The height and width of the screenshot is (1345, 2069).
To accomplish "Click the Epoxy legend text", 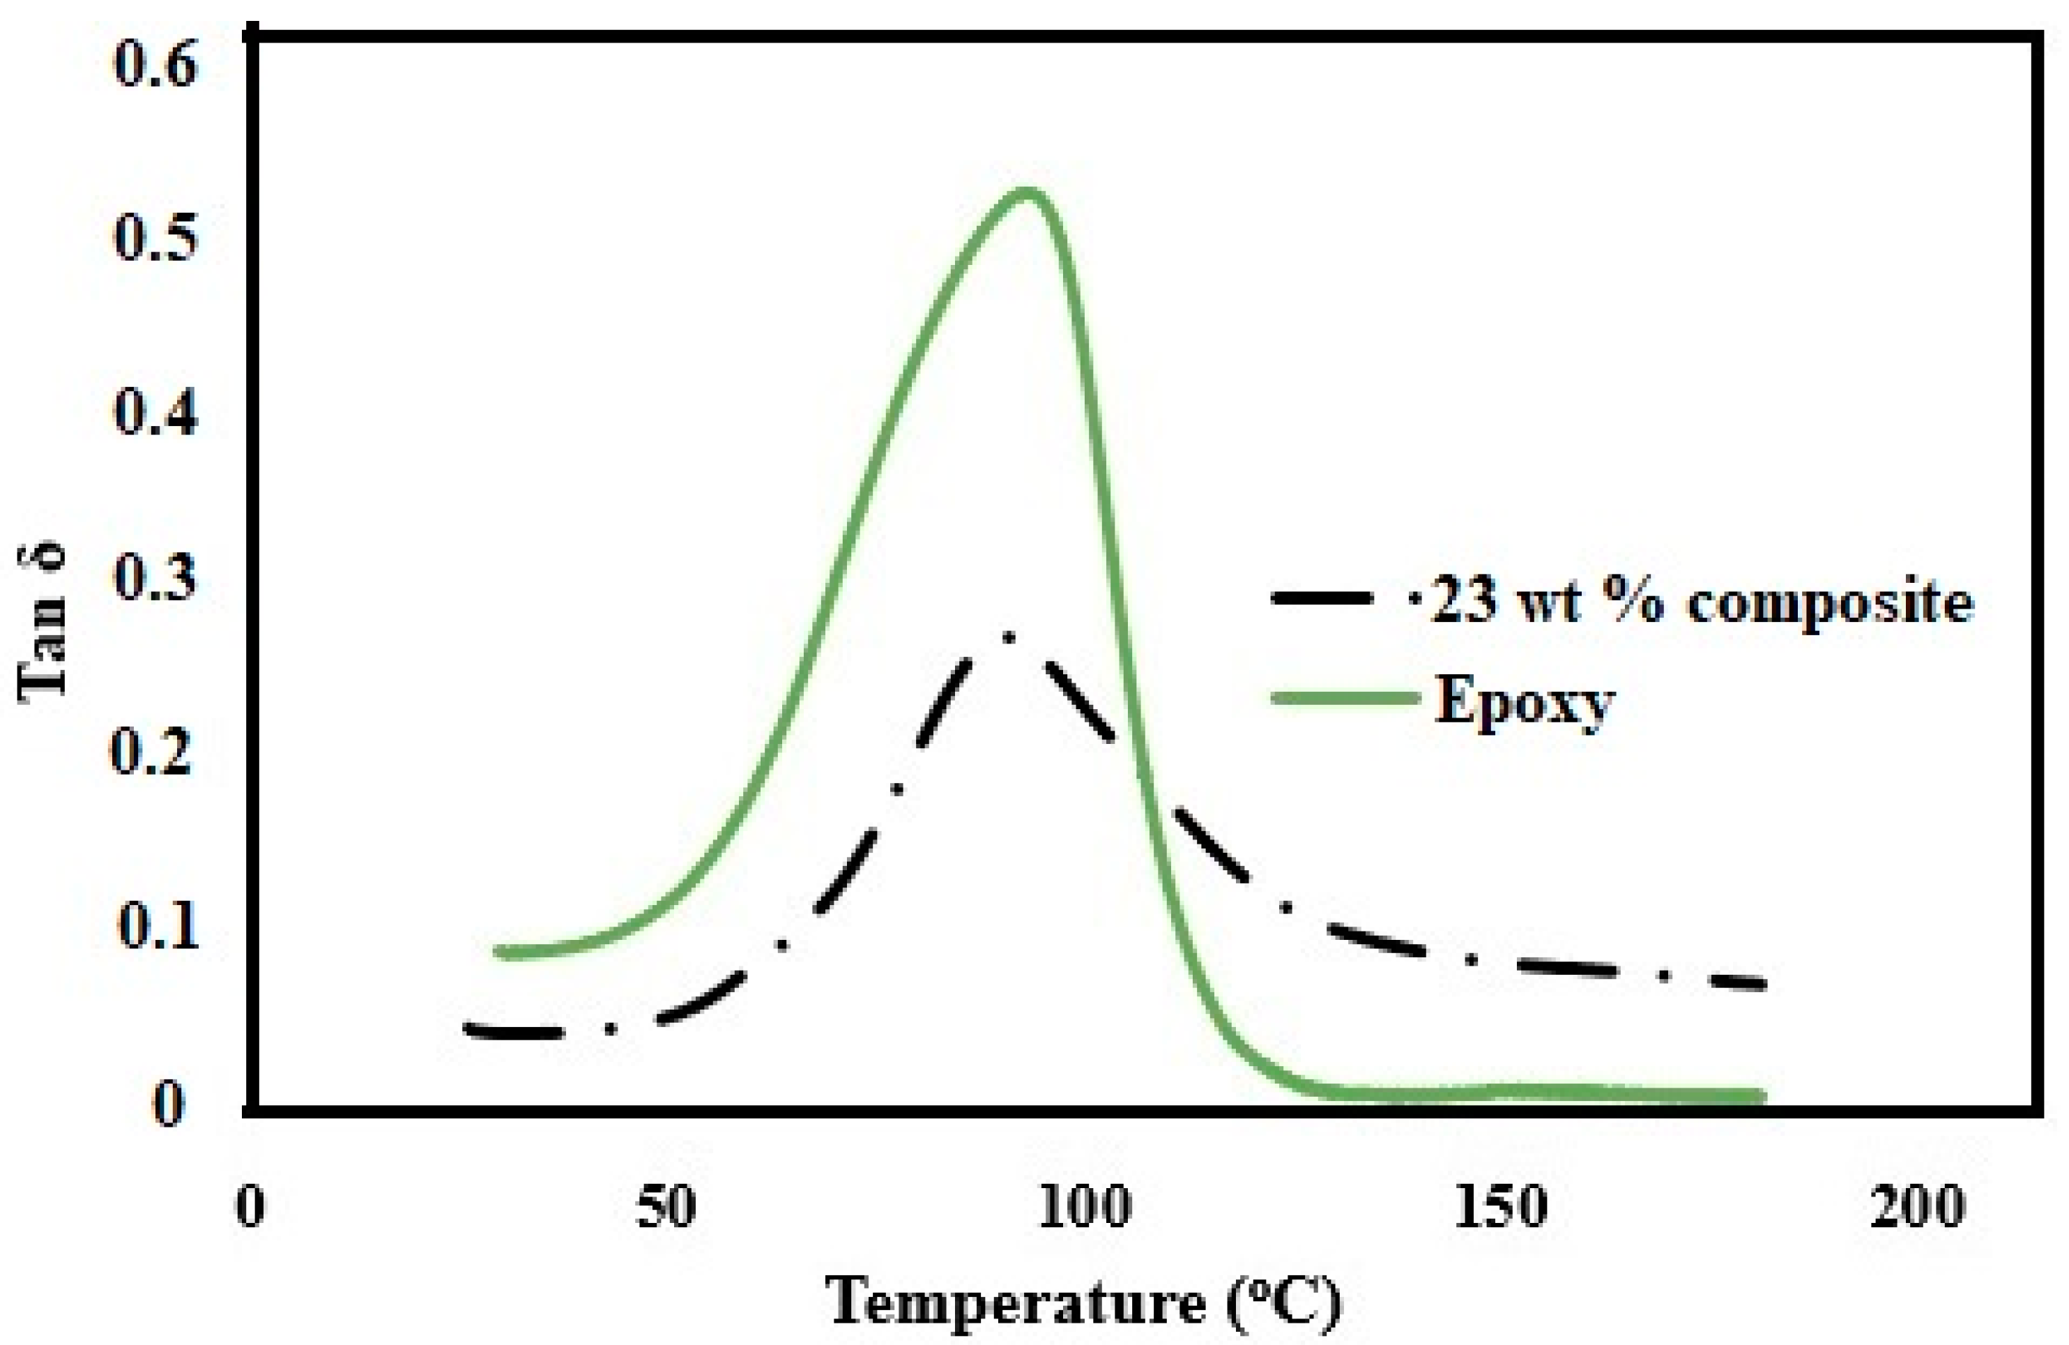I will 1523,701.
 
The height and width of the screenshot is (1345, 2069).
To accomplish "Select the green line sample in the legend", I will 1343,698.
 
